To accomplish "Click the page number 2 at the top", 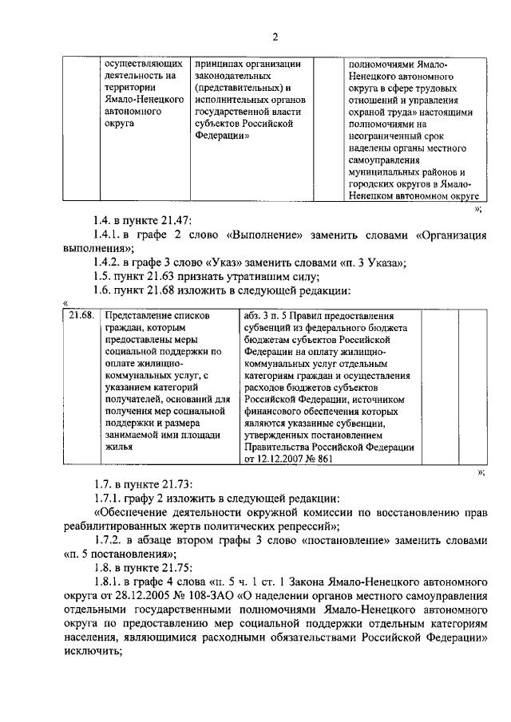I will click(274, 37).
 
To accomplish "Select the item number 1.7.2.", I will click(111, 541).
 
